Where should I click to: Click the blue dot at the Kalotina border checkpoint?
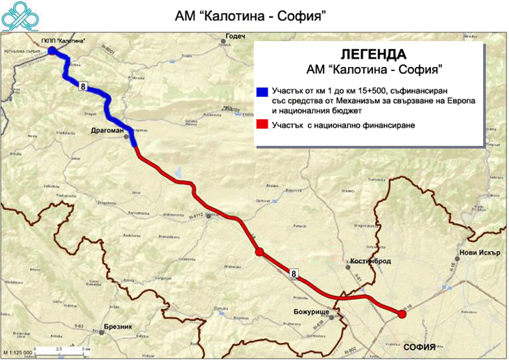point(52,51)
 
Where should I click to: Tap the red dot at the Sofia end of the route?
point(402,315)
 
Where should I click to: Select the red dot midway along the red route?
point(259,252)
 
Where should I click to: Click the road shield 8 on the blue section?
point(84,85)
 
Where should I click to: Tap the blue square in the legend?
point(262,92)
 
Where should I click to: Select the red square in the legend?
point(262,125)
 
